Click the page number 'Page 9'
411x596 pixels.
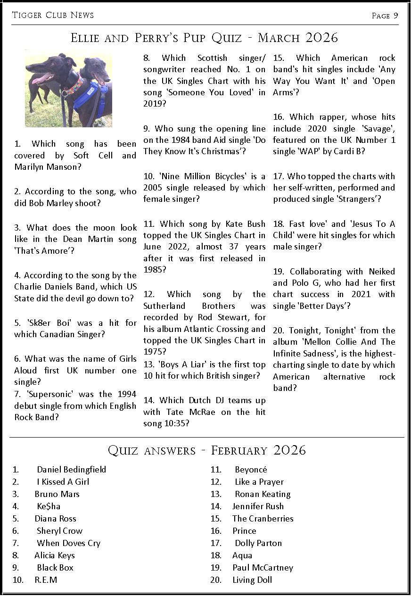pos(385,16)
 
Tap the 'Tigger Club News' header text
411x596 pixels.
pos(53,15)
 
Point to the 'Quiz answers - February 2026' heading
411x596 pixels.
pos(206,450)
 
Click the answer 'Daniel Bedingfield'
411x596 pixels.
pos(71,470)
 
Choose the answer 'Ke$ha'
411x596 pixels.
pos(49,506)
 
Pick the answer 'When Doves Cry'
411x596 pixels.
pos(68,543)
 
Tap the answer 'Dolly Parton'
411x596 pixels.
pos(258,543)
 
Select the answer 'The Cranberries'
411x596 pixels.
pos(263,519)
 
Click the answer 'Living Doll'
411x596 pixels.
pos(252,580)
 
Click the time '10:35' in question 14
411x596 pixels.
pos(173,423)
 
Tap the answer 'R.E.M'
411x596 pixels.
pos(46,580)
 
